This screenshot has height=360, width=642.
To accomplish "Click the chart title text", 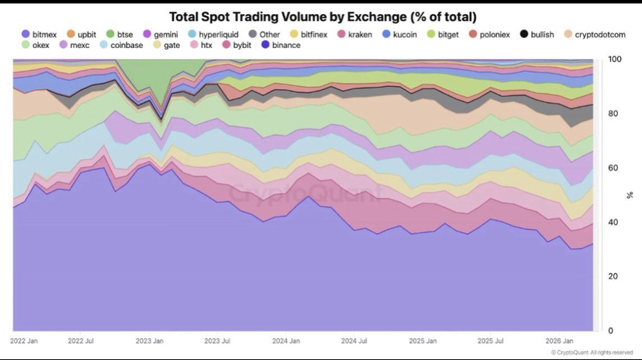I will [323, 16].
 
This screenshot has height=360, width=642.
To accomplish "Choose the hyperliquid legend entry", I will [215, 34].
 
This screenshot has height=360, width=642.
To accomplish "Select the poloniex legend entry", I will [489, 34].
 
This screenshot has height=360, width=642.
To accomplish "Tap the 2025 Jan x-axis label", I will [424, 341].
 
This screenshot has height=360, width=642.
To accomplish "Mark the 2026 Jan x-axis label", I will [558, 341].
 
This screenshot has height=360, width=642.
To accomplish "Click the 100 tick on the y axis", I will [615, 60].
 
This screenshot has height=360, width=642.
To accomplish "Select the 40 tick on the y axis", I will [613, 223].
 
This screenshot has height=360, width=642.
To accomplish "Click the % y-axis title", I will [630, 195].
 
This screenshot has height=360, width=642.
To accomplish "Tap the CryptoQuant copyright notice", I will [595, 352].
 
